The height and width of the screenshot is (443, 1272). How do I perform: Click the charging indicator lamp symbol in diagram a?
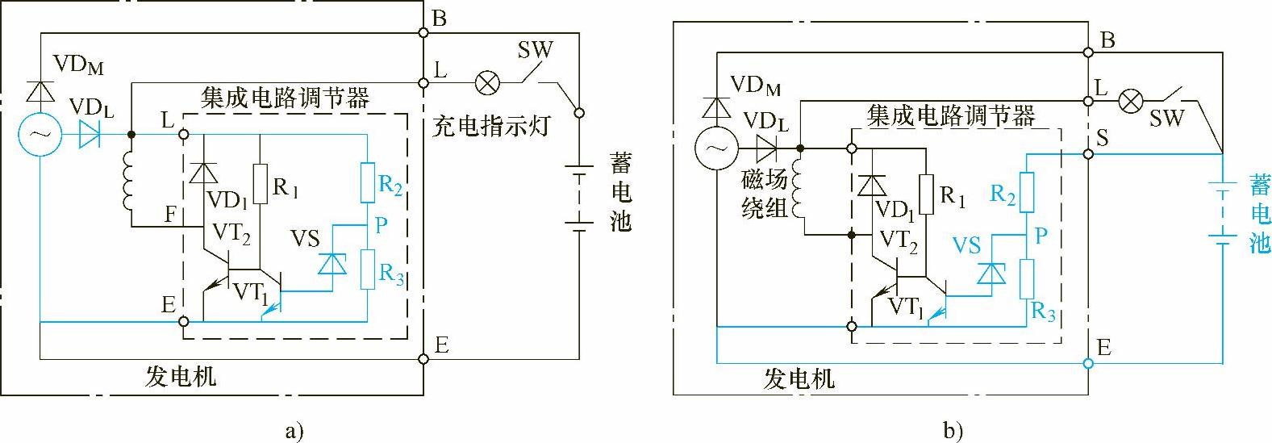(487, 83)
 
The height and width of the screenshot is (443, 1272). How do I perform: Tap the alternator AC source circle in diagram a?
(40, 135)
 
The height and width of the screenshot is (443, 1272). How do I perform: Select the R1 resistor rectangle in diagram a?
(260, 183)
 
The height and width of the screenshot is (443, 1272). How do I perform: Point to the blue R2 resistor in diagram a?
(367, 183)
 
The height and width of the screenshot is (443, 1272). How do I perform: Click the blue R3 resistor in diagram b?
(1026, 279)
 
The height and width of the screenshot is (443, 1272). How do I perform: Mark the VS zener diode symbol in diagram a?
(332, 264)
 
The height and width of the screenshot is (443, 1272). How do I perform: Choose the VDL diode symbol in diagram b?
(766, 149)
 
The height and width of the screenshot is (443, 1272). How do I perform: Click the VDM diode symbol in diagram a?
(40, 91)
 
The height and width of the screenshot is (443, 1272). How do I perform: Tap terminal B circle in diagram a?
(423, 33)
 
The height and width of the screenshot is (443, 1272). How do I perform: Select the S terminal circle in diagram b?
(1088, 154)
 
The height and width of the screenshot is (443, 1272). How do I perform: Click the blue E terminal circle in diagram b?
(1088, 363)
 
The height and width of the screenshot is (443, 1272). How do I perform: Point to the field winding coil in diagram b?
(799, 194)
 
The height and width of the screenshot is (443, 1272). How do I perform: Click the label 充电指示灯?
(491, 126)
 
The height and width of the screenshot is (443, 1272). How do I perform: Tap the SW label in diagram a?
(535, 50)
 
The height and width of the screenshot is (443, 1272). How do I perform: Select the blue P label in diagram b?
(1041, 235)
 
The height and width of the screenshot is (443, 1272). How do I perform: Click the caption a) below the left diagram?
(294, 431)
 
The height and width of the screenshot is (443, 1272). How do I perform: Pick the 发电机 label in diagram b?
(799, 378)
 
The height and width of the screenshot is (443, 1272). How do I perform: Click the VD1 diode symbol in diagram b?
(872, 186)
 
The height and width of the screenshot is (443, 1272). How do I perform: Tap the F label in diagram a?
(170, 215)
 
